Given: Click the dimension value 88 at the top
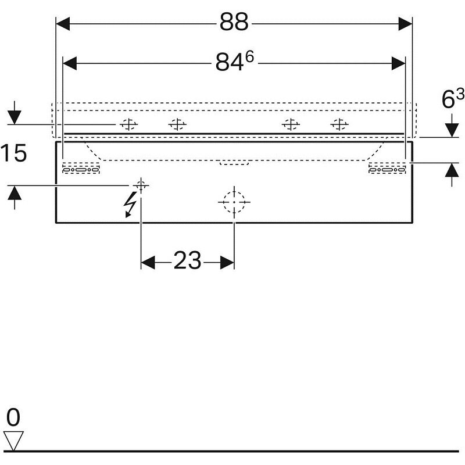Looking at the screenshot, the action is tap(234, 23).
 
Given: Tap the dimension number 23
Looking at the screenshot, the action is tap(187, 262).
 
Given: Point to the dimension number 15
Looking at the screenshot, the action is tap(13, 154).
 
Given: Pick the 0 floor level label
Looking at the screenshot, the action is tap(13, 418).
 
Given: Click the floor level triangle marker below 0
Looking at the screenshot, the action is tap(13, 441).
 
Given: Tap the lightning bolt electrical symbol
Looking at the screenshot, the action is tap(131, 205).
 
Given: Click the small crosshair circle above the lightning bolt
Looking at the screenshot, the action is tap(140, 185).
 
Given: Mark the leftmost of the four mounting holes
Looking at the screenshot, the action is tap(129, 124).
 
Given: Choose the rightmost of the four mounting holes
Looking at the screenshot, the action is tap(339, 124).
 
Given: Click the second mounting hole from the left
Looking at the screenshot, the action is tap(177, 124).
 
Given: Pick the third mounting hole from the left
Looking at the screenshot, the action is tap(290, 124).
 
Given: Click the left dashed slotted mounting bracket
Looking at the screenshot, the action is tap(81, 169).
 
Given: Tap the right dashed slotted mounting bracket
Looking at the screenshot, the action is tap(387, 169).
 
